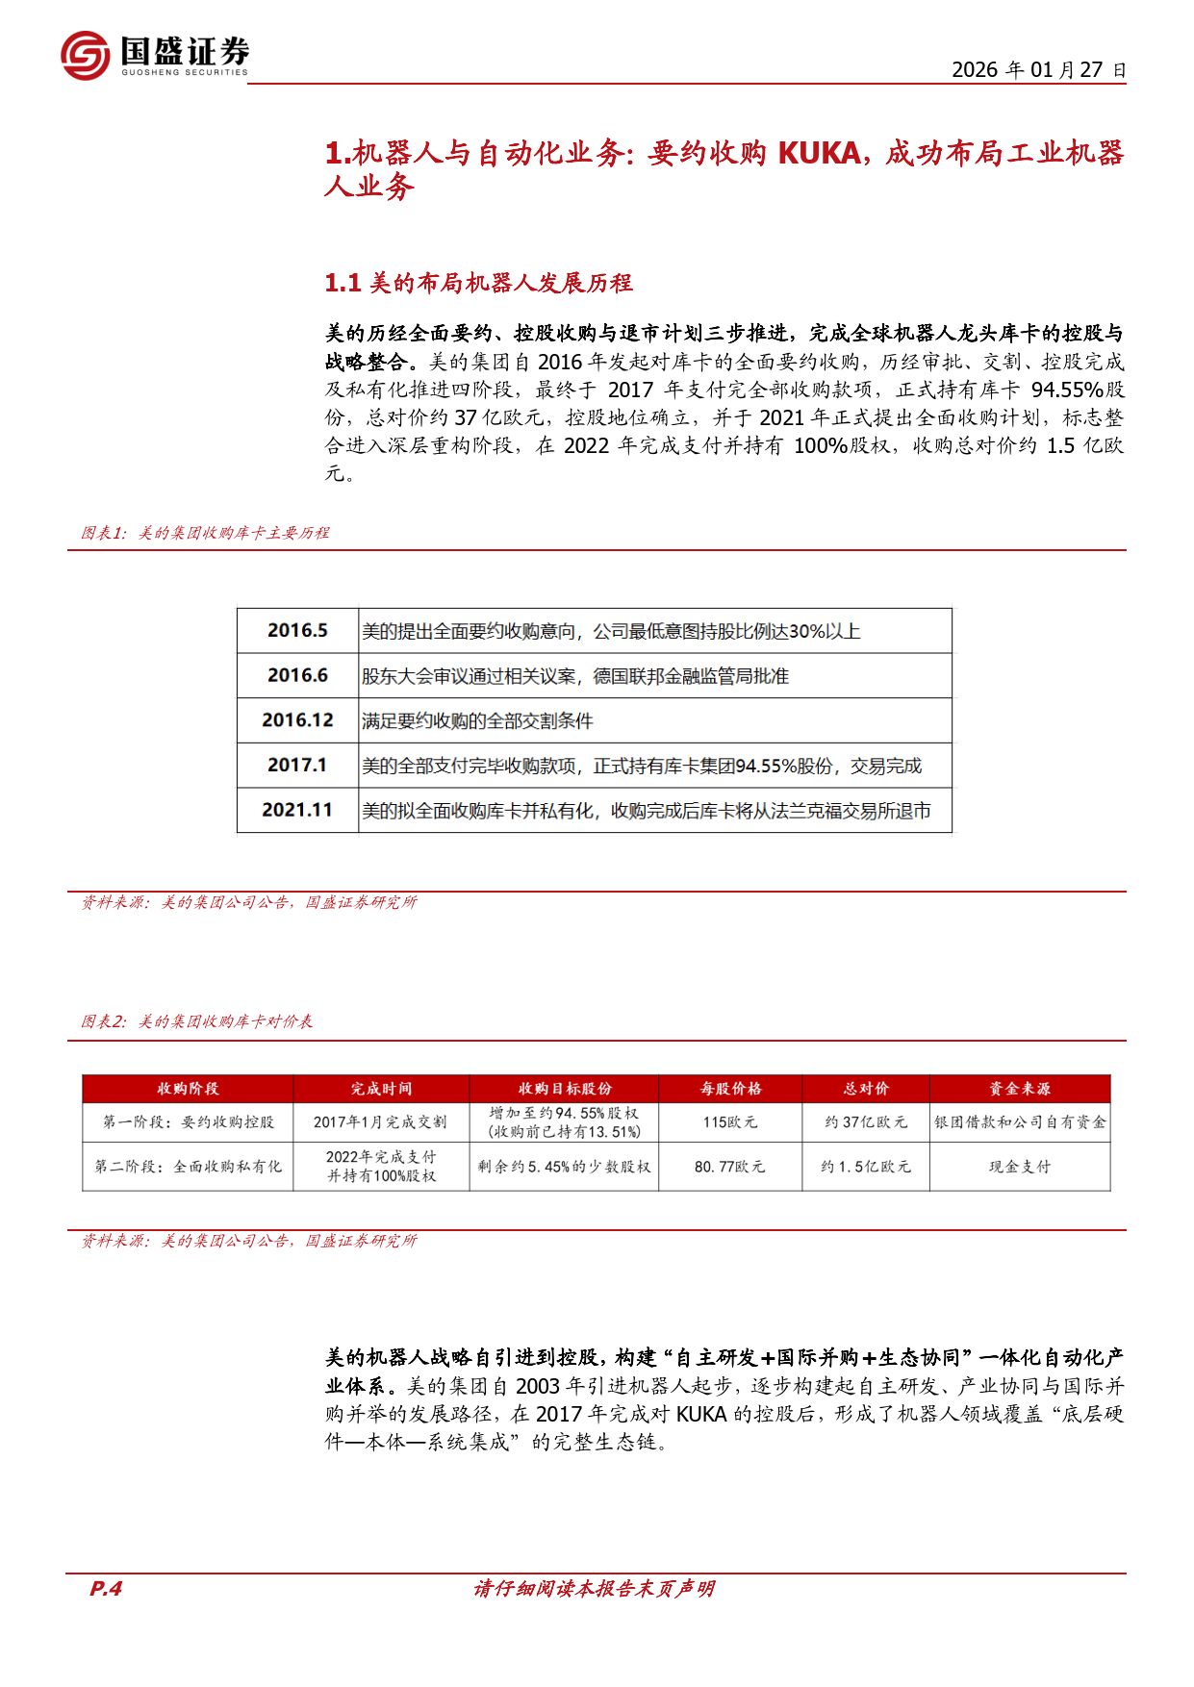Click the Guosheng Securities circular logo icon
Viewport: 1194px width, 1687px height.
click(85, 55)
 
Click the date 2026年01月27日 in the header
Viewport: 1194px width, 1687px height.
click(1038, 70)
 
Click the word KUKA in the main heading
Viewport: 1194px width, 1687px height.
click(819, 153)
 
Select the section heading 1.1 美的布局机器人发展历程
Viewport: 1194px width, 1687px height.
click(478, 283)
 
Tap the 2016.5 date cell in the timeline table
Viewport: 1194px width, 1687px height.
click(297, 631)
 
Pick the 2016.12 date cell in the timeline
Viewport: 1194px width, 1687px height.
click(297, 720)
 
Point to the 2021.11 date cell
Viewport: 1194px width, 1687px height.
click(297, 810)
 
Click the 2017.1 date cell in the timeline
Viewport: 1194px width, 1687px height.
click(297, 766)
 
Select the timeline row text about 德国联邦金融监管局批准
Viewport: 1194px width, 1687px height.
click(574, 676)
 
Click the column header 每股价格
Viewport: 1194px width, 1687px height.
click(730, 1089)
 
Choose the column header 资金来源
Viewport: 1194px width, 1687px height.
click(1020, 1089)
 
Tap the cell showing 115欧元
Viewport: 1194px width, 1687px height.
click(730, 1122)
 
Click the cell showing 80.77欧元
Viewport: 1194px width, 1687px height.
click(730, 1167)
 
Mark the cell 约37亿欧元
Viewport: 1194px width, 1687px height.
click(866, 1122)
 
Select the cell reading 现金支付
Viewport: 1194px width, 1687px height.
click(1020, 1167)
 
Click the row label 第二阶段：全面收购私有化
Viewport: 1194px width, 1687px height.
click(189, 1167)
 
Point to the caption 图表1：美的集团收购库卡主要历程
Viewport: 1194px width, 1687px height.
click(205, 533)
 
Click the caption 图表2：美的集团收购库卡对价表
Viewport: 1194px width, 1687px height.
click(197, 1021)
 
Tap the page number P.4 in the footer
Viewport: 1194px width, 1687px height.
click(106, 1589)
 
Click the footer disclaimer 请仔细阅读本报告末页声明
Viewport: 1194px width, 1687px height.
click(594, 1589)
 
